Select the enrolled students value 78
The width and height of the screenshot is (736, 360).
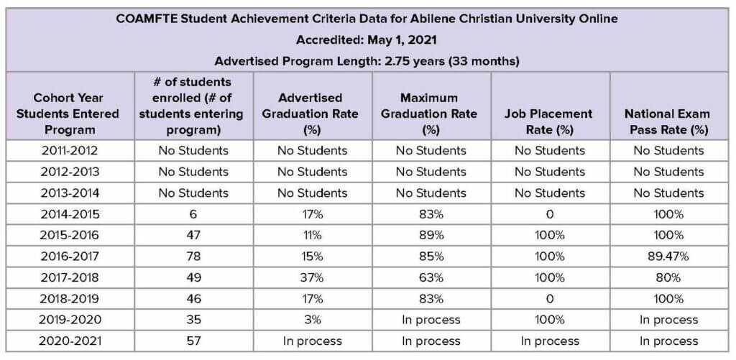[x=193, y=256]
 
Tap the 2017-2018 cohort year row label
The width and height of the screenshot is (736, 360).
[x=70, y=277]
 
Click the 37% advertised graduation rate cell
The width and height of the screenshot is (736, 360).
[x=313, y=277]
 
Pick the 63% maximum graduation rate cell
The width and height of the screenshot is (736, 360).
[x=431, y=277]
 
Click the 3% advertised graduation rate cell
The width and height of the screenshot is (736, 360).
[x=313, y=320]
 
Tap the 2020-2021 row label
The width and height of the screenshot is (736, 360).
[x=70, y=341]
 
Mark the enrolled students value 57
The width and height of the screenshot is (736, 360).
[x=193, y=341]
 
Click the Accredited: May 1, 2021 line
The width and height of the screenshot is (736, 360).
[x=367, y=40]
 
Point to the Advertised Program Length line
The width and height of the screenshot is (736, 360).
[x=367, y=61]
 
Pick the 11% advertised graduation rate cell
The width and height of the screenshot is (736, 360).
[x=313, y=235]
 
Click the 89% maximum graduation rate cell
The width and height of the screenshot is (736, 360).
[x=431, y=235]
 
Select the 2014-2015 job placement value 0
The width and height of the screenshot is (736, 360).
[x=549, y=214]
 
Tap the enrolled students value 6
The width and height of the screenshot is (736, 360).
[x=193, y=214]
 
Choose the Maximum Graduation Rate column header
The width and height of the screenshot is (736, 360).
[x=430, y=114]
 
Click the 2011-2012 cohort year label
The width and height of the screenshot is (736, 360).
[x=70, y=150]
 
